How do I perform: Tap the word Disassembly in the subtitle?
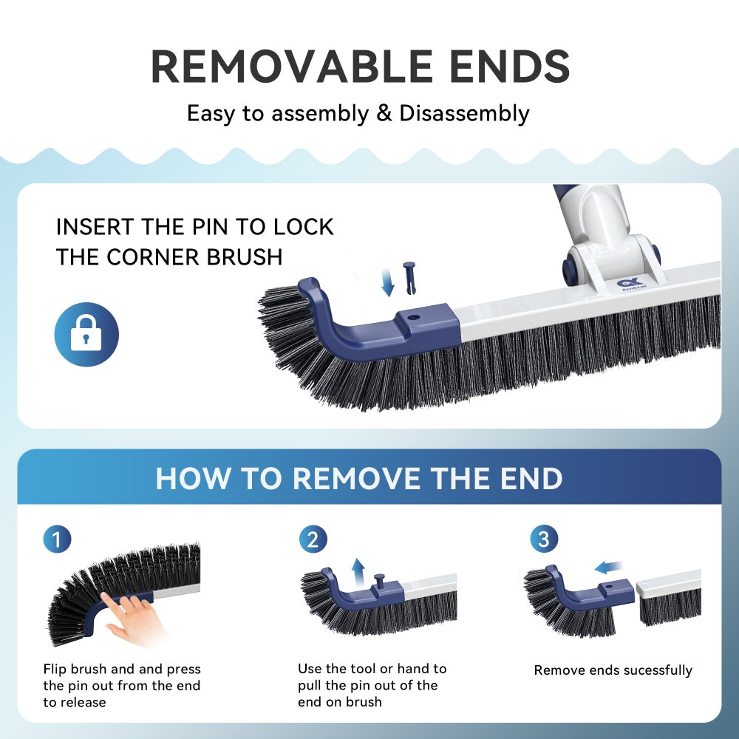[464, 114]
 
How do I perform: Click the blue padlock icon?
[86, 335]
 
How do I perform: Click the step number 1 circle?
[58, 539]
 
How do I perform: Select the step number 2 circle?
[313, 539]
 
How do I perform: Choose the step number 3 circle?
[544, 539]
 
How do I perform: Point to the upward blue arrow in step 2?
[358, 571]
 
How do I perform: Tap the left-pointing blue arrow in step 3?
[609, 568]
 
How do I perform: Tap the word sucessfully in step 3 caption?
[658, 670]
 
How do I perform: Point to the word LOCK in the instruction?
[303, 227]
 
